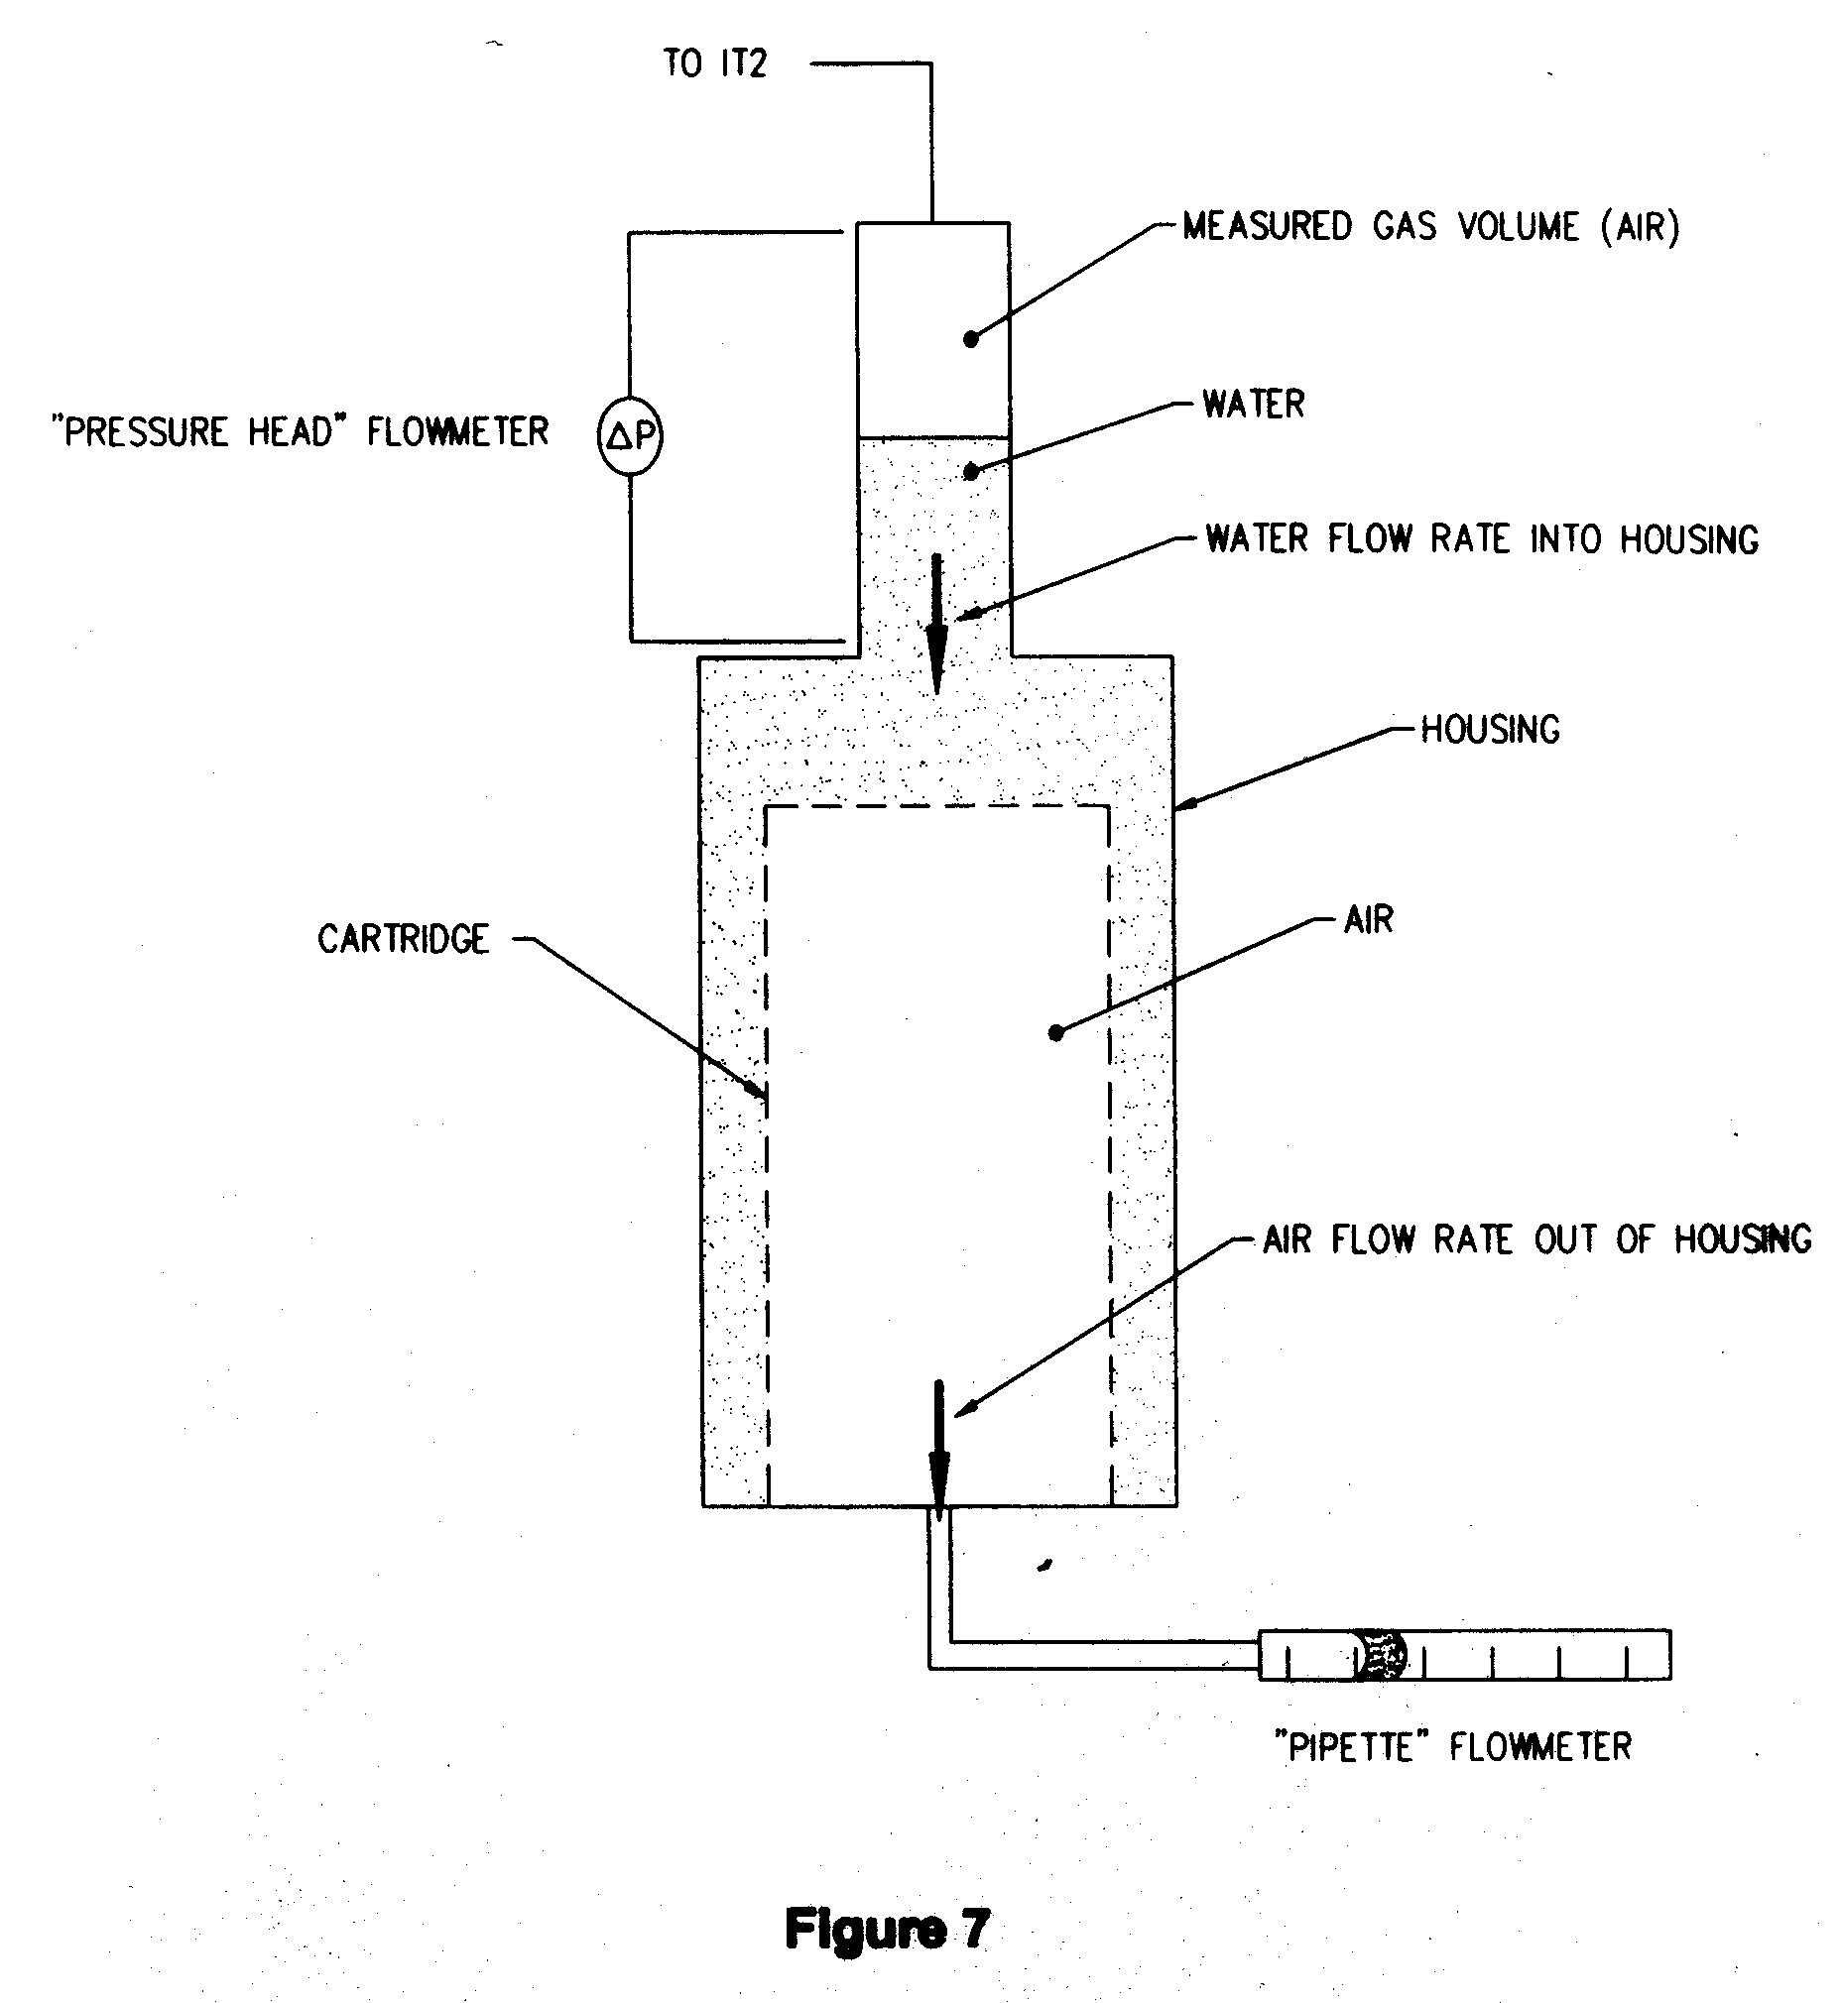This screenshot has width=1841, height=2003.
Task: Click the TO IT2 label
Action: pyautogui.click(x=715, y=63)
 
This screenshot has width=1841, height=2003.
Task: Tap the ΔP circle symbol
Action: pyautogui.click(x=630, y=435)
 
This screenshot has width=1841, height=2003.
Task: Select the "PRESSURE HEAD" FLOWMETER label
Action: pyautogui.click(x=300, y=432)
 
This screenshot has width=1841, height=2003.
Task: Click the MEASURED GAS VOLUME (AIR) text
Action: pyautogui.click(x=1430, y=227)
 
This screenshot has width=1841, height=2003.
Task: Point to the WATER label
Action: pyautogui.click(x=1253, y=405)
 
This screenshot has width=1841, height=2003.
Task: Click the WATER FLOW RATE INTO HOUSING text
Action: pyautogui.click(x=1481, y=538)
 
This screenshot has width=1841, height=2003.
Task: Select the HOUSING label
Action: pyautogui.click(x=1489, y=730)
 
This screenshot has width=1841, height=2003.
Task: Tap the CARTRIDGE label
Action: pyautogui.click(x=404, y=939)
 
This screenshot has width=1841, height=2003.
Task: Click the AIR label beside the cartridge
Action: pyautogui.click(x=1368, y=919)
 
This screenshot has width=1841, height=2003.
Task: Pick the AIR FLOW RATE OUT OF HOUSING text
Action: pyautogui.click(x=1535, y=1240)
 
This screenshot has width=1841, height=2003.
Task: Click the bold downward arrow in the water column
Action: pyautogui.click(x=936, y=624)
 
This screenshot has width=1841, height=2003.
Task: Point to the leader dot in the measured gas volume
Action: pyautogui.click(x=971, y=340)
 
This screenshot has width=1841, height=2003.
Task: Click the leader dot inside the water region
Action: pyautogui.click(x=971, y=472)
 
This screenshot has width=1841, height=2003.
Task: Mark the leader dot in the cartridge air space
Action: pyautogui.click(x=1056, y=1033)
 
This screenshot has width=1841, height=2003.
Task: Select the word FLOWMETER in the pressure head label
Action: pyautogui.click(x=457, y=432)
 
